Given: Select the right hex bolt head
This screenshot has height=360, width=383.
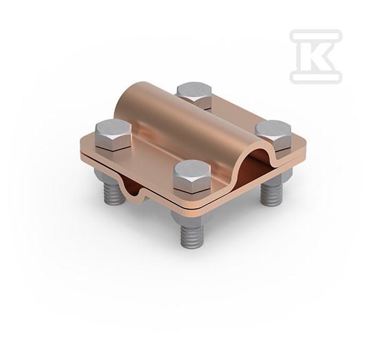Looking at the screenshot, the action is point(273,134).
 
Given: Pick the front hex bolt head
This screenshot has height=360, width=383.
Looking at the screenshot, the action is point(192,177).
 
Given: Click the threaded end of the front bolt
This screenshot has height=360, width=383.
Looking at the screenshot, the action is point(192,235).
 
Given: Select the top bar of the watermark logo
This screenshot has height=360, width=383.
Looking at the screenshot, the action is point(316,34).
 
